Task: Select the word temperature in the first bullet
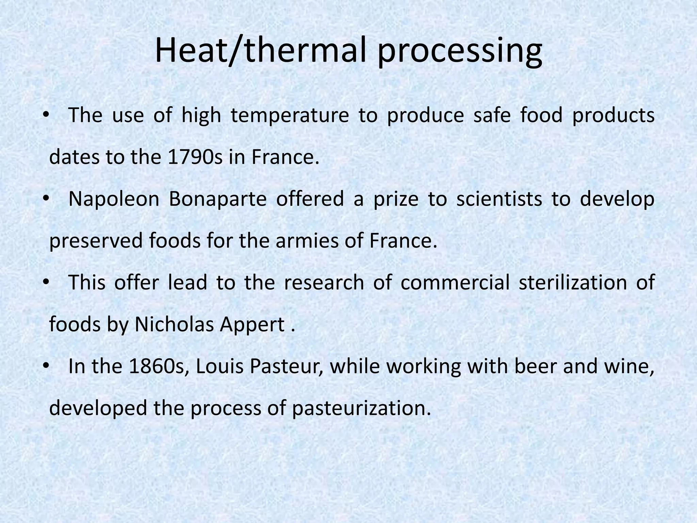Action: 290,115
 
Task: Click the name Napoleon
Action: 114,200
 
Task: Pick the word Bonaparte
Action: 217,200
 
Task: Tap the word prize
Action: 396,200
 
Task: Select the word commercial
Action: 455,283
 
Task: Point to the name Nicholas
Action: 173,324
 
